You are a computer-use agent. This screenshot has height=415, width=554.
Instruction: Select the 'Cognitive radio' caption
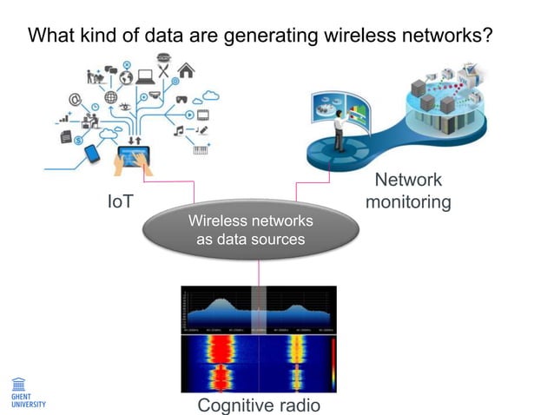point(259,405)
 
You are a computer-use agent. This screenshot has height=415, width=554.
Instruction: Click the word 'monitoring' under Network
point(408,202)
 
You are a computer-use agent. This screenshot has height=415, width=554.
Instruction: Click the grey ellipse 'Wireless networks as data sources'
point(250,229)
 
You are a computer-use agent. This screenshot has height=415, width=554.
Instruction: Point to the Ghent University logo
point(23,391)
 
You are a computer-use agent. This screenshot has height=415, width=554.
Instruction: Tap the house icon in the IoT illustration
point(186,70)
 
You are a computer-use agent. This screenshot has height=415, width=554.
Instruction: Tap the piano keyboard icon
point(201,148)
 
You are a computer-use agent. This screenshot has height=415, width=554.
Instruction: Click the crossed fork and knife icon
point(164,61)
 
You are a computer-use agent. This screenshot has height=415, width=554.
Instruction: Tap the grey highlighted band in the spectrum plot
point(258,308)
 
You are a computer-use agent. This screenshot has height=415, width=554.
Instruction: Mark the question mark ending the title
point(489,36)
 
